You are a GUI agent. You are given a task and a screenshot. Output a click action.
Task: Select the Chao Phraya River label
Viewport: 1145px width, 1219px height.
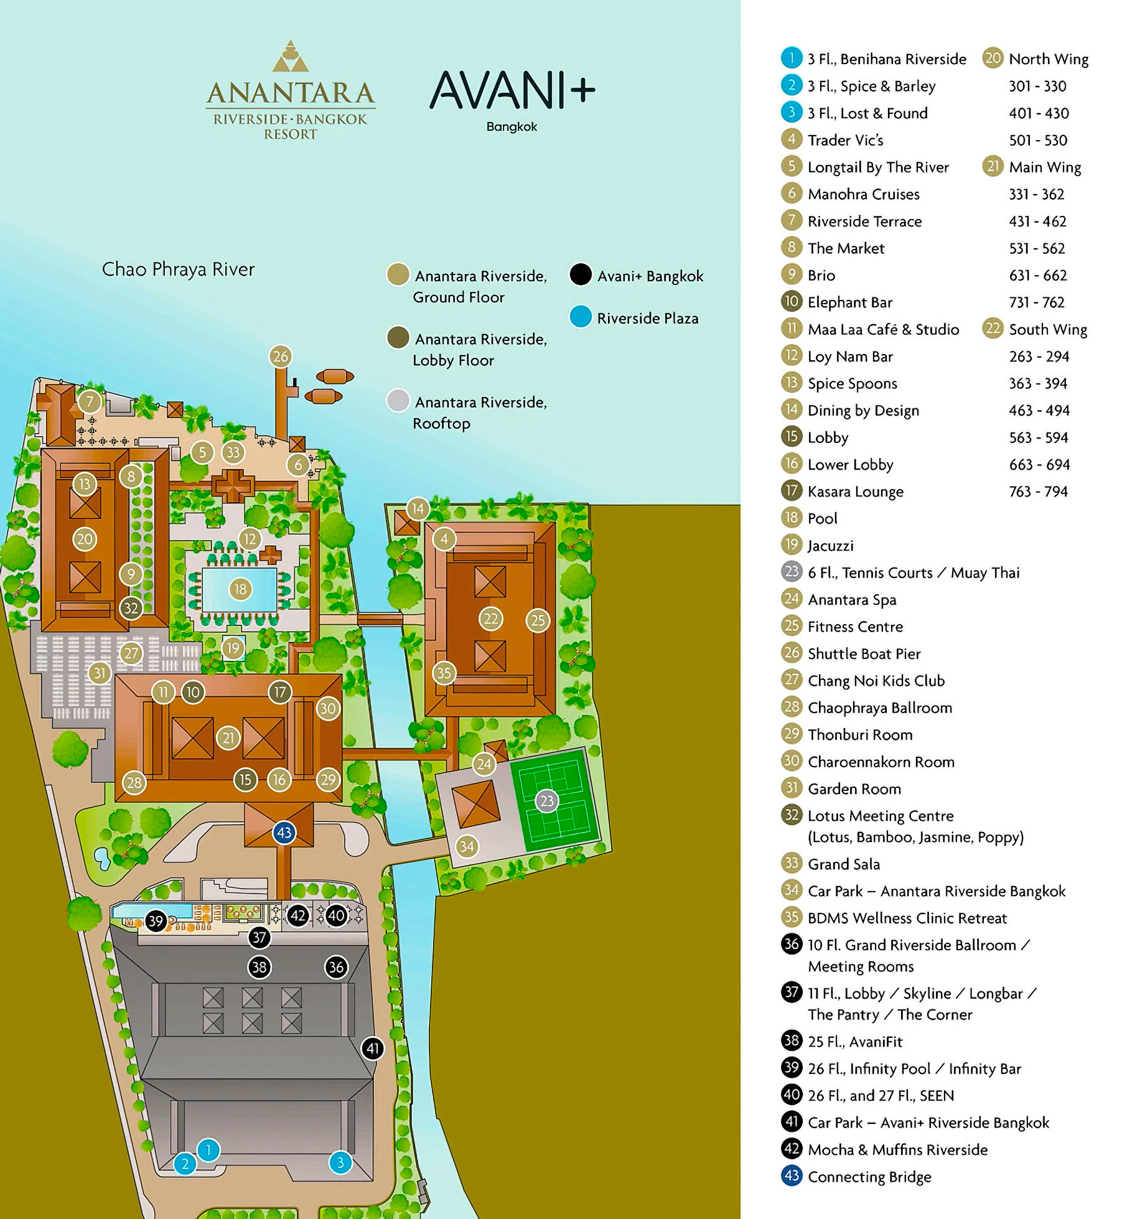(x=178, y=269)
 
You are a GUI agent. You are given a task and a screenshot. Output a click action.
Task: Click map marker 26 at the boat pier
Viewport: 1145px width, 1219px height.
(x=281, y=356)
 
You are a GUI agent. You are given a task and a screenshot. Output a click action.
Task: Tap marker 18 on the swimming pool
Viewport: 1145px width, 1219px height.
(x=240, y=589)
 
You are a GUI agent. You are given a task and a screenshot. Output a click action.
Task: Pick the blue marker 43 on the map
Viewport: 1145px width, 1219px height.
(x=284, y=833)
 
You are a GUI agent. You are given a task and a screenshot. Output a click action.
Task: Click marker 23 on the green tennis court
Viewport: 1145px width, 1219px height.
(x=546, y=801)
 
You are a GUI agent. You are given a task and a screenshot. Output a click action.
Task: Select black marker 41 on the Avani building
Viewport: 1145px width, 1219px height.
(x=373, y=1049)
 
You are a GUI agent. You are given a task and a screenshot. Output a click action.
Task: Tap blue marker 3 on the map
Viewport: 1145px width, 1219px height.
(x=340, y=1162)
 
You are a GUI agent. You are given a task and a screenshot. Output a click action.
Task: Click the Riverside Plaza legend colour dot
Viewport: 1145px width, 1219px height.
(x=581, y=317)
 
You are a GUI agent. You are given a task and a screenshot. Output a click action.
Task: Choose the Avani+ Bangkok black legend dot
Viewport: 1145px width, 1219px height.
(x=581, y=274)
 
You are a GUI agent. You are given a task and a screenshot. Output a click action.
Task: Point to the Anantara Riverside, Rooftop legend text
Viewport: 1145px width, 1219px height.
(x=480, y=412)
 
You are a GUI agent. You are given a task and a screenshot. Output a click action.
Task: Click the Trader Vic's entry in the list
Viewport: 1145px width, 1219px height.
(x=844, y=140)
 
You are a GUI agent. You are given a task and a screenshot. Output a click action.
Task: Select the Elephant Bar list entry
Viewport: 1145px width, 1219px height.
(x=849, y=302)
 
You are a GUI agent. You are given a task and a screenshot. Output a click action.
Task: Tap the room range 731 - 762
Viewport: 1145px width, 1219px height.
(x=1037, y=302)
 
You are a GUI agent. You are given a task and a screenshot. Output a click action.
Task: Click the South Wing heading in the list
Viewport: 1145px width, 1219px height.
(x=1047, y=329)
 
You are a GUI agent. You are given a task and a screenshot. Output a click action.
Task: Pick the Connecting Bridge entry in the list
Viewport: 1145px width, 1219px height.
(x=869, y=1177)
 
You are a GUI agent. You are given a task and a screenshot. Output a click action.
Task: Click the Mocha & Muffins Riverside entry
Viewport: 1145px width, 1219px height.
(x=897, y=1150)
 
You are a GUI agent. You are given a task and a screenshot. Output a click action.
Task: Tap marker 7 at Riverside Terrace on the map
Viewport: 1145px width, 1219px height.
(x=90, y=401)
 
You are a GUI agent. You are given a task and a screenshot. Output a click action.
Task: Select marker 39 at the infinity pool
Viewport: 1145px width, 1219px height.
(x=156, y=920)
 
